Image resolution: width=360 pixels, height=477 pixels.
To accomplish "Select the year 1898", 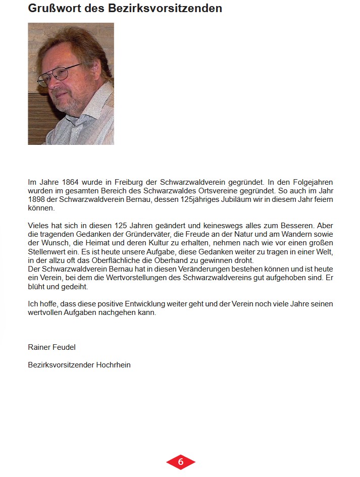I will [x=36, y=199].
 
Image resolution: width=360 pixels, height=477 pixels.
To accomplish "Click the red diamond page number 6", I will [x=180, y=462].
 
